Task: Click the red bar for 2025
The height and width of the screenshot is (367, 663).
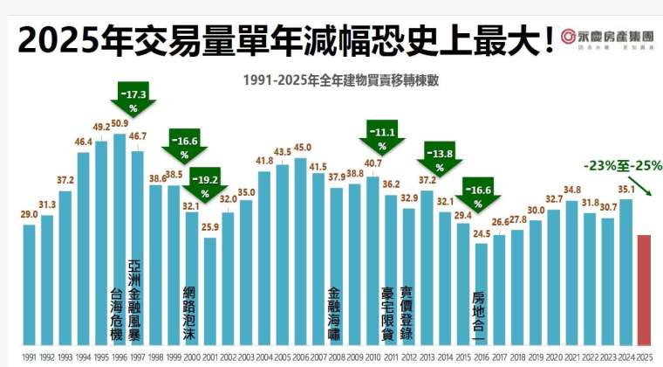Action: click(643, 288)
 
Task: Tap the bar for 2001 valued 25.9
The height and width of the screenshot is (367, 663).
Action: click(209, 288)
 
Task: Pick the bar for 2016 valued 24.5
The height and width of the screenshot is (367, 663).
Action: click(481, 293)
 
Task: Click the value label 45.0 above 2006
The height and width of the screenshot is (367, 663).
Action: click(301, 147)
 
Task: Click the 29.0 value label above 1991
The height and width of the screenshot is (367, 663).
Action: click(30, 213)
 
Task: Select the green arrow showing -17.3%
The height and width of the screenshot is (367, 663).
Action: click(134, 100)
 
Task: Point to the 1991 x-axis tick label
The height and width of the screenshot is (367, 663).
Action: click(29, 357)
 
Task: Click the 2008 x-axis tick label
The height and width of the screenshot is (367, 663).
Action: click(336, 357)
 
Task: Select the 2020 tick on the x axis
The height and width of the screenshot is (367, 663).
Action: click(553, 357)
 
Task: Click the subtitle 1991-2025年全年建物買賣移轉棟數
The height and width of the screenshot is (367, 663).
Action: click(334, 78)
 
